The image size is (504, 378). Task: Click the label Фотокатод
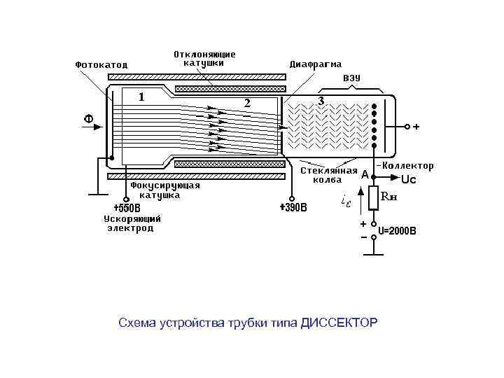[101, 64]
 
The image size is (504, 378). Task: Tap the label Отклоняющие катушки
[204, 58]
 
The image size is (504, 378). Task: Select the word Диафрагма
[316, 64]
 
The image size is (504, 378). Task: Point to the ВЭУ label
[351, 78]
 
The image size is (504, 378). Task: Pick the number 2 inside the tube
[246, 103]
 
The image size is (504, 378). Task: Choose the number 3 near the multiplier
[321, 101]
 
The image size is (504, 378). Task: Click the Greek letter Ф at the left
[89, 119]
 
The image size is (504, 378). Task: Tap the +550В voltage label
[127, 208]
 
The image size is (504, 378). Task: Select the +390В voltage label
[293, 208]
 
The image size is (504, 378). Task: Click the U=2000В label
[397, 230]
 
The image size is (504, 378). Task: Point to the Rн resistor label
[389, 197]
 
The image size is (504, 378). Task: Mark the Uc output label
[408, 180]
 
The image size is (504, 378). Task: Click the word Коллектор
[408, 166]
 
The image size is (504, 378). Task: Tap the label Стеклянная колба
[328, 174]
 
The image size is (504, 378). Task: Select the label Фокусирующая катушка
[165, 190]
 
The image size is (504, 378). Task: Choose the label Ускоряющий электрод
[132, 223]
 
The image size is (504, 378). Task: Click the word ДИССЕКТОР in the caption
[339, 323]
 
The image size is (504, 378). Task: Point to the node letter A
[365, 175]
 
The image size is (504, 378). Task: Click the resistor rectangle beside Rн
[374, 199]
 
